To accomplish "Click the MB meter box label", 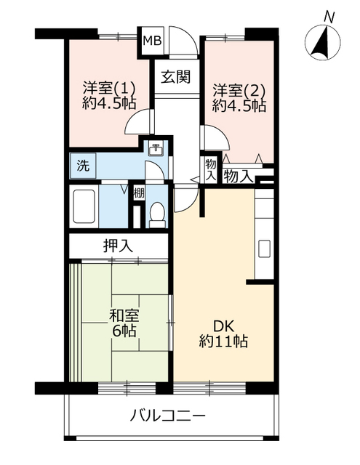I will pos(152,41).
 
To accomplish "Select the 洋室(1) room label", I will pos(102,90).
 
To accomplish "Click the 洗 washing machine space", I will pos(83,165).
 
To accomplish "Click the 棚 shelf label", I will pos(138,195).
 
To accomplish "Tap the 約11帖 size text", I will pos(223,341).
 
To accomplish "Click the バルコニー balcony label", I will pos(169,416).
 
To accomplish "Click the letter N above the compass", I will pos(329,15).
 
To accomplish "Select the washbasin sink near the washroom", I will pos(156,150).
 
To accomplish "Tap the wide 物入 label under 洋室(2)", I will pos(239,175).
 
